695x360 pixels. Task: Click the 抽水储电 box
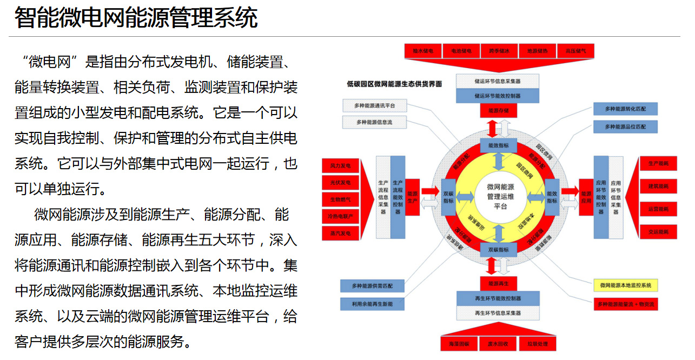[423, 51]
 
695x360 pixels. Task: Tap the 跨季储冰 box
[499, 51]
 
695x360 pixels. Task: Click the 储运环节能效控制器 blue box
[497, 96]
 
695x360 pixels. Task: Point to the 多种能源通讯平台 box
[374, 106]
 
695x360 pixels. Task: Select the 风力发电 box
[340, 165]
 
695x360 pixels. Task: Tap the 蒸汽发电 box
[340, 234]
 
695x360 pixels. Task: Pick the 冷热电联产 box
[340, 216]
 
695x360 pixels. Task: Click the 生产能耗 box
[658, 163]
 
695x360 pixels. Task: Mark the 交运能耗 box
[658, 232]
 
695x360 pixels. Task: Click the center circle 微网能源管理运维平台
[500, 196]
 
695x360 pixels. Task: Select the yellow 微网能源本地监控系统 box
[625, 285]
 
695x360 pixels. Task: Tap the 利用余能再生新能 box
[372, 304]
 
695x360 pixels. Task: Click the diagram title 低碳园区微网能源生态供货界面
[394, 84]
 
